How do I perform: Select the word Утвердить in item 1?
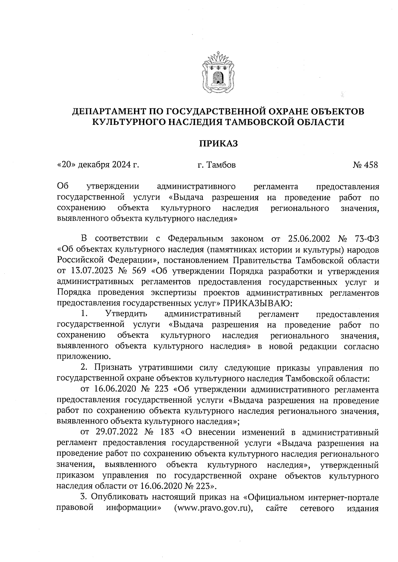pos(126,314)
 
